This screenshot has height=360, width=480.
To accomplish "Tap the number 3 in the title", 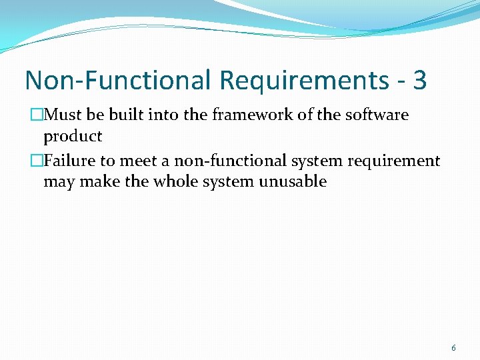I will (x=419, y=81).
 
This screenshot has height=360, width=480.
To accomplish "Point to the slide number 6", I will (x=454, y=348).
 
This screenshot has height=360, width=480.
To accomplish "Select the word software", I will (x=377, y=115).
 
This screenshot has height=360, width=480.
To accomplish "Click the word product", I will (x=73, y=137).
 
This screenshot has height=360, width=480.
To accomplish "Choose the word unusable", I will (x=294, y=182).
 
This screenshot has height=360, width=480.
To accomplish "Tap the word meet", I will (x=137, y=161).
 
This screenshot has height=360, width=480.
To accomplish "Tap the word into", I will (x=164, y=115).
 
